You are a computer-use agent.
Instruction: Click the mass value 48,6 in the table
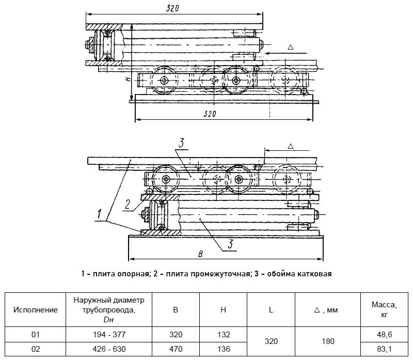(x=384, y=335)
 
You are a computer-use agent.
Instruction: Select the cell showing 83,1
(x=384, y=349)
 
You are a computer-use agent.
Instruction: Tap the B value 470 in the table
(x=176, y=349)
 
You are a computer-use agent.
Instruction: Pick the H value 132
(x=224, y=335)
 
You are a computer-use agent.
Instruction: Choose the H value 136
(x=224, y=349)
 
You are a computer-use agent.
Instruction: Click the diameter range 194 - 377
(x=109, y=335)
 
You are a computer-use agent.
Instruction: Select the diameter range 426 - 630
(x=109, y=349)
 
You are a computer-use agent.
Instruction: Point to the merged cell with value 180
(x=328, y=341)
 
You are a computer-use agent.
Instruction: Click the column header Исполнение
(x=36, y=310)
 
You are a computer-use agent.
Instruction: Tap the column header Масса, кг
(x=384, y=310)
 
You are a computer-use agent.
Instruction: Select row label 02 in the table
(x=36, y=349)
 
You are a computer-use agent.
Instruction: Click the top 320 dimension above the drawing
(x=172, y=8)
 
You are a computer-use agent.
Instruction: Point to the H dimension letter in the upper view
(x=128, y=79)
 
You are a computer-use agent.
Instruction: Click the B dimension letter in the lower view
(x=201, y=254)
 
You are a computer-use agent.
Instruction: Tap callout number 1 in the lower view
(x=99, y=214)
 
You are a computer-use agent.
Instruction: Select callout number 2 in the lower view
(x=128, y=205)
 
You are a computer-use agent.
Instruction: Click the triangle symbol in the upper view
(x=291, y=47)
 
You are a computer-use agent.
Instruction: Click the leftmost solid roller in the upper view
(x=164, y=81)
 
